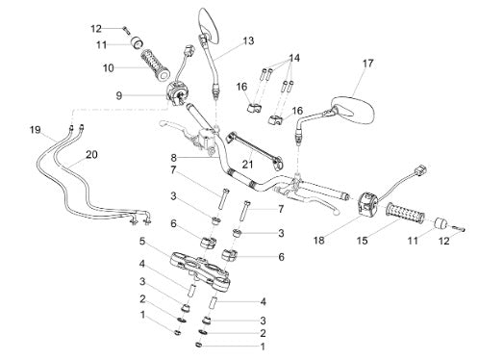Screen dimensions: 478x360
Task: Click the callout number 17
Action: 368,64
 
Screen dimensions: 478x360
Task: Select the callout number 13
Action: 248,41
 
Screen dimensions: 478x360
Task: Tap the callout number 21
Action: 247,165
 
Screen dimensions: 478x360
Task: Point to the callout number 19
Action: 36,130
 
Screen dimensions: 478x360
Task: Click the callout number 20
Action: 91,155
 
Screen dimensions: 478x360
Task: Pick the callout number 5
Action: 142,242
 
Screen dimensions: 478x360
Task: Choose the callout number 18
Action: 319,240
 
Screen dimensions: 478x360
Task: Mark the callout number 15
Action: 363,240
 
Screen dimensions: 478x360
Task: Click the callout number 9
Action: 119,95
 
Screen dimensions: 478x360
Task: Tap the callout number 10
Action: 109,68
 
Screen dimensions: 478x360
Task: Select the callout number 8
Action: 173,158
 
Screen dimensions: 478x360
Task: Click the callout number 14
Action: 294,58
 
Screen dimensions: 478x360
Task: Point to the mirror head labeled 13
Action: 210,26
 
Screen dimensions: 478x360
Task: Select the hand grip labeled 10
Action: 155,64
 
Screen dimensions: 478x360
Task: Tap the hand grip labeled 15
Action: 405,213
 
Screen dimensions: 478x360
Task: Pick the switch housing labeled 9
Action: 178,91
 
